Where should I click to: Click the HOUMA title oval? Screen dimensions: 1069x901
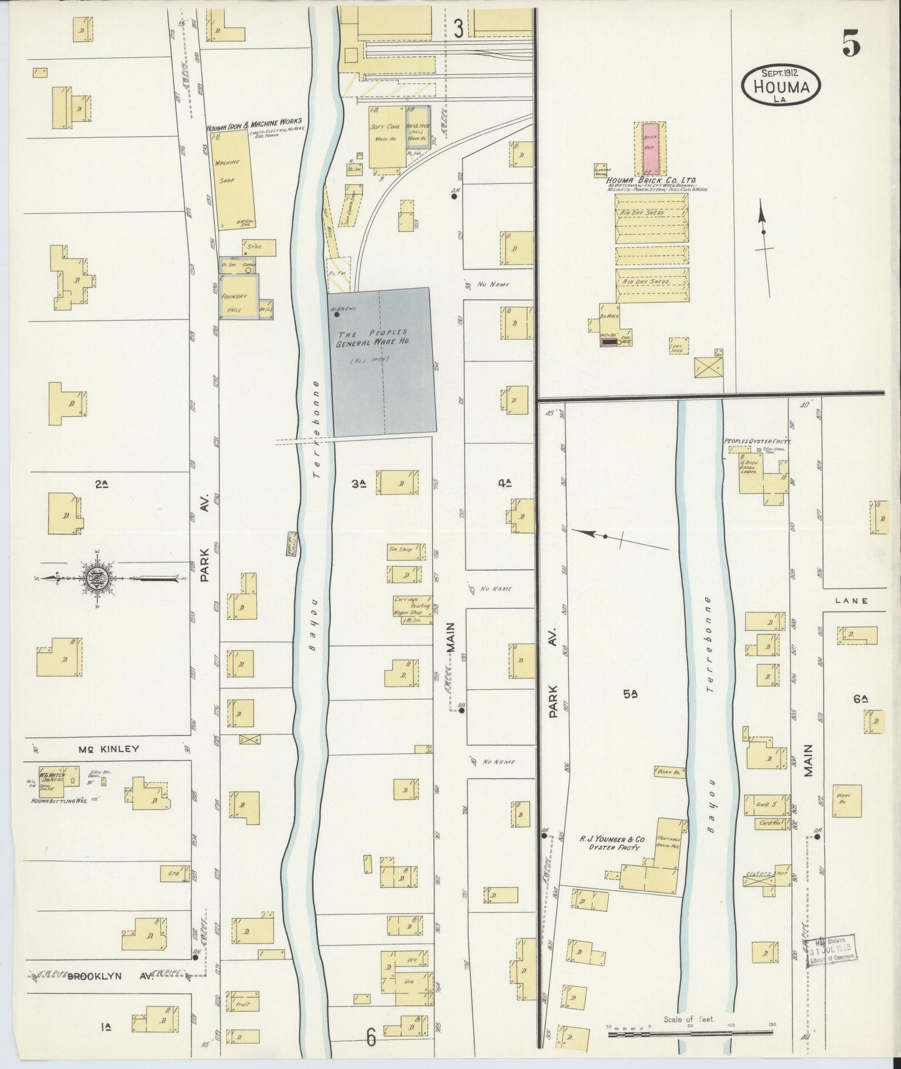point(781,84)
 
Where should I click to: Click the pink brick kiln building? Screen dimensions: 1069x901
point(650,149)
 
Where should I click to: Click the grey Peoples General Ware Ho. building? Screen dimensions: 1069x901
point(382,362)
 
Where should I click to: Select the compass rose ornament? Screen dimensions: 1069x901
point(99,578)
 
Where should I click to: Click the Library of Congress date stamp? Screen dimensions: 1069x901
point(832,950)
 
